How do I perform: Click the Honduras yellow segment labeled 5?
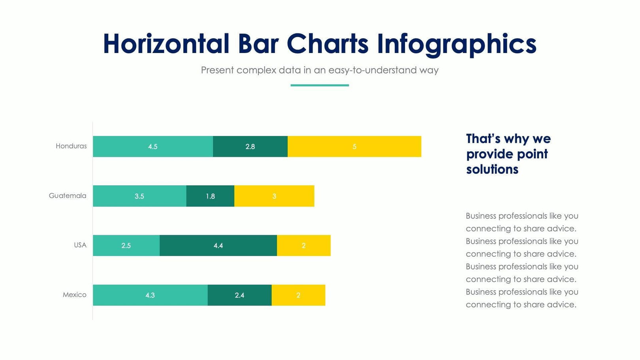[354, 147]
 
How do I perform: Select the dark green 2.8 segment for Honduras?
[250, 147]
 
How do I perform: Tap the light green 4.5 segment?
[153, 147]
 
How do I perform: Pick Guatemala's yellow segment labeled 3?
[274, 196]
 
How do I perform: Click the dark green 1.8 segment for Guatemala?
[210, 196]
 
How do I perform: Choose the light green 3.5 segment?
[139, 196]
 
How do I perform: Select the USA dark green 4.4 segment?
[218, 245]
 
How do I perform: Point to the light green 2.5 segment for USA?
[126, 245]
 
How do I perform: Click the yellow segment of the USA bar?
[303, 245]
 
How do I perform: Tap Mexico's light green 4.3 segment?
[150, 295]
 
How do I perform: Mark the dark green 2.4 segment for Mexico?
[239, 295]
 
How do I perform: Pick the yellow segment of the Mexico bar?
[298, 295]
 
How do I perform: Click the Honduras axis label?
[71, 146]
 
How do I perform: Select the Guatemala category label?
[68, 196]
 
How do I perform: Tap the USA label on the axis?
[80, 245]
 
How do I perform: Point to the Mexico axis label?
[75, 295]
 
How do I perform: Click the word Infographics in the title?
[456, 44]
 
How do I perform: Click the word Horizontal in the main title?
[166, 44]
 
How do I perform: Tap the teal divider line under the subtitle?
[320, 85]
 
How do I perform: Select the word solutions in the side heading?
[492, 170]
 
